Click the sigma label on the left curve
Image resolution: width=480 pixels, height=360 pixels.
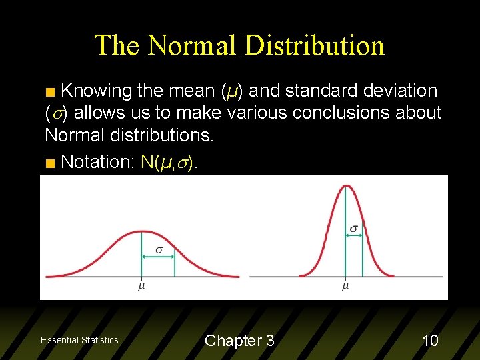[x=159, y=250]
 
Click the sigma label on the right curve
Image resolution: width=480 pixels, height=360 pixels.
[x=353, y=229]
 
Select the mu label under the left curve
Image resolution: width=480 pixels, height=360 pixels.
[x=141, y=287]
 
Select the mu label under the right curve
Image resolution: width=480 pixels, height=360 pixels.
[x=345, y=287]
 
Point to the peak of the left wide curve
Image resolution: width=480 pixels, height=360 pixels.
[x=141, y=232]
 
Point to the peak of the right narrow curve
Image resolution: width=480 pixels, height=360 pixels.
[x=345, y=185]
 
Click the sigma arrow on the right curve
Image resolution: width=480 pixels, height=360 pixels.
[x=354, y=239]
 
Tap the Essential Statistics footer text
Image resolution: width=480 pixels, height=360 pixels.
[x=79, y=340]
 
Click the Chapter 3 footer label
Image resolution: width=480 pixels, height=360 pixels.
[x=239, y=341]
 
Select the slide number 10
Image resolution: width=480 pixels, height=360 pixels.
[x=431, y=341]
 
